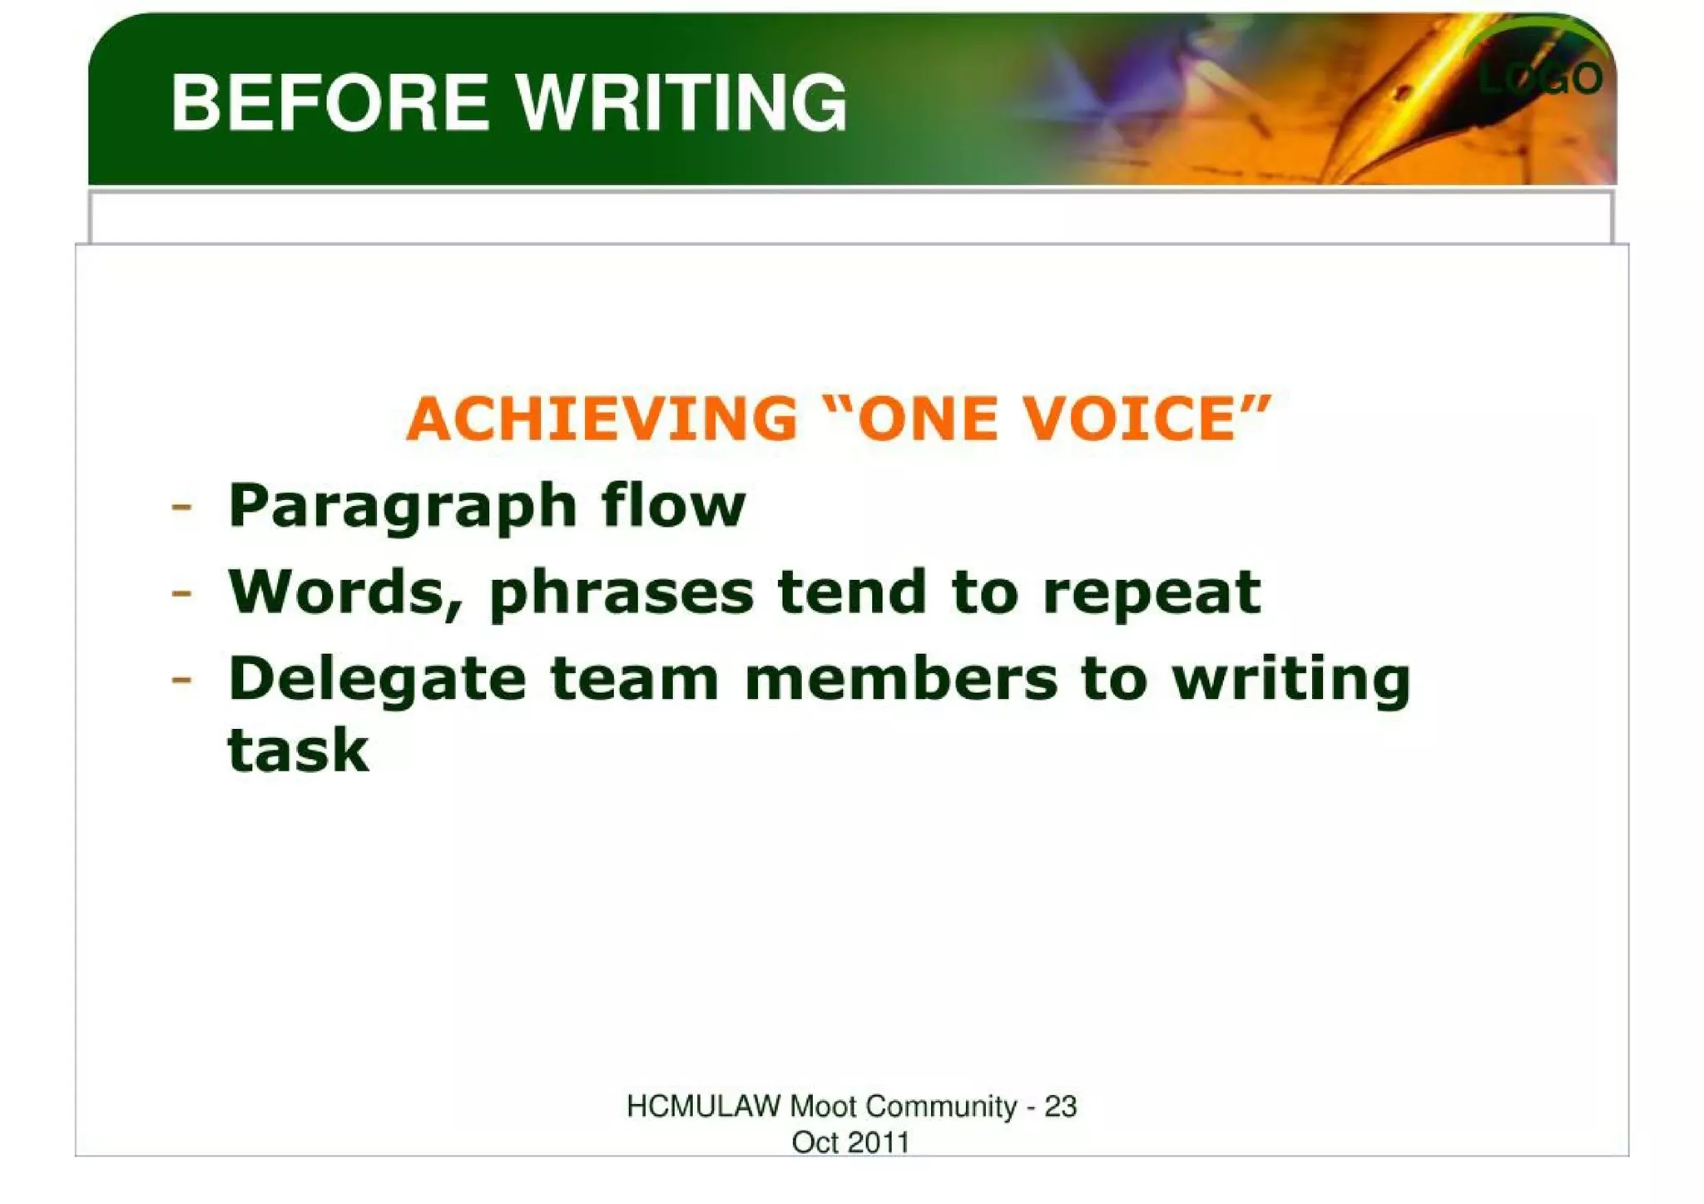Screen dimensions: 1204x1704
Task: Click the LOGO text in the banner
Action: (1540, 79)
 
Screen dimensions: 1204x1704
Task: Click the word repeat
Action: (1152, 594)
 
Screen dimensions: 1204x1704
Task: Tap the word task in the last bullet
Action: (298, 751)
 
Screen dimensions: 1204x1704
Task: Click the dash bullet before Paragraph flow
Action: (181, 507)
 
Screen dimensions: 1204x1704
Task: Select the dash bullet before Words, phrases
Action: (181, 593)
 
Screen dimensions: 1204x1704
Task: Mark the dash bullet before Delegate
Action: (181, 680)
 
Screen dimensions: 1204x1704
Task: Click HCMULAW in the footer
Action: (703, 1107)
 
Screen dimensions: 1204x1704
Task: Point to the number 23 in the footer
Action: (1060, 1107)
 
